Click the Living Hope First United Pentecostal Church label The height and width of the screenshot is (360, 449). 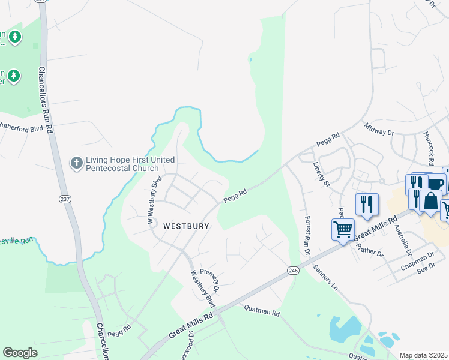point(130,164)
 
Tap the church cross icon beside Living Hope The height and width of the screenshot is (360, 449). point(76,163)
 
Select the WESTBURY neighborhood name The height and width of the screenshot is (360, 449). point(187,226)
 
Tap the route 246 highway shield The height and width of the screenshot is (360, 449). point(292,271)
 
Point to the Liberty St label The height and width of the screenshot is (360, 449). point(322,172)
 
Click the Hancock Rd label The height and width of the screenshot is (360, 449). point(428,149)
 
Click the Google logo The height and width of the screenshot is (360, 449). point(20,353)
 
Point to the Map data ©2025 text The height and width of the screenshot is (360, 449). point(423,355)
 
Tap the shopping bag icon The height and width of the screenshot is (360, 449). point(431,200)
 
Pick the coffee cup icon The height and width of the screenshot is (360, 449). point(435,184)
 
